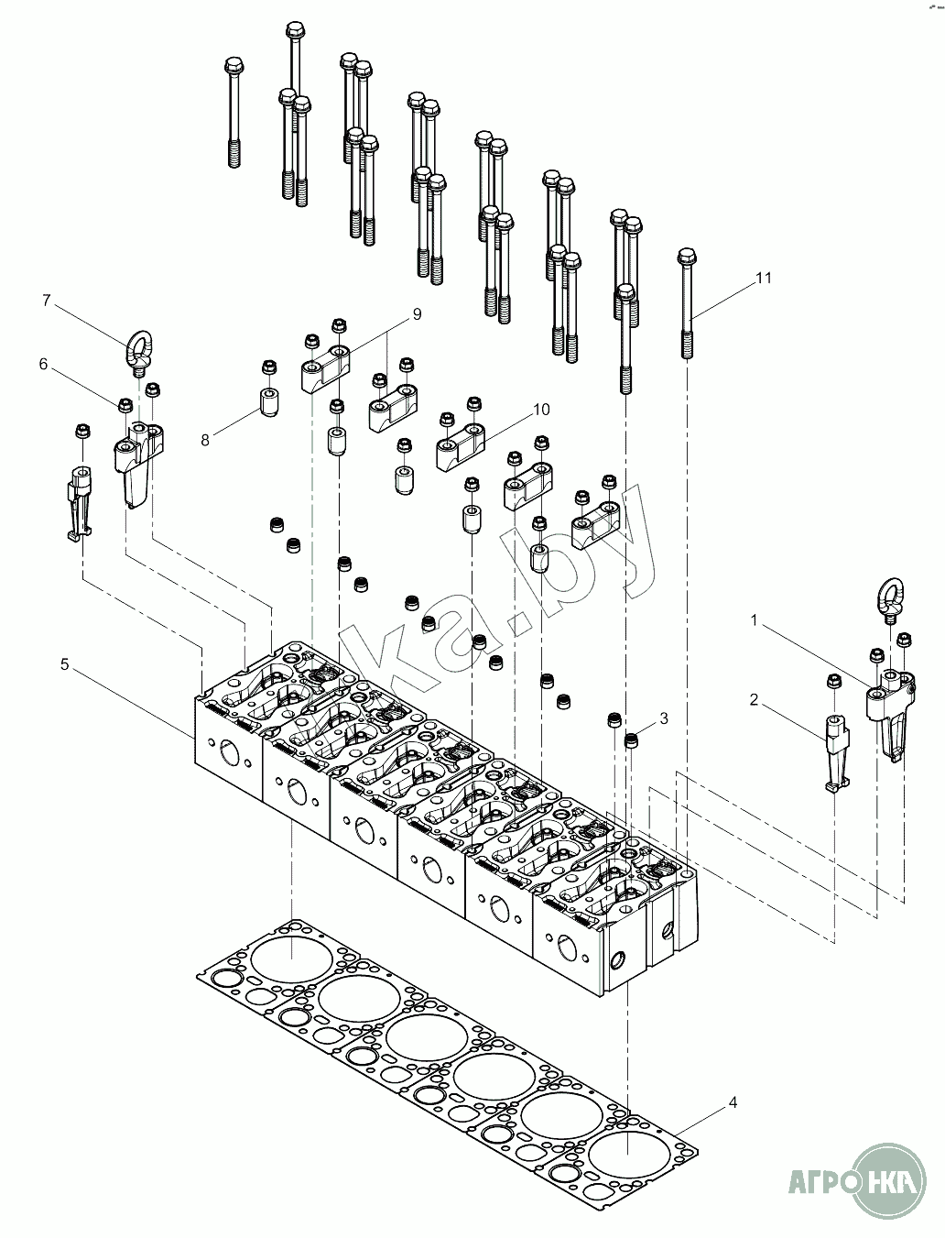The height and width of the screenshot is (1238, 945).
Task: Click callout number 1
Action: (755, 620)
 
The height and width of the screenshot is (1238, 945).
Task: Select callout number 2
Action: (754, 700)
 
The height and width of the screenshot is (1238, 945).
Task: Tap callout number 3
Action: (664, 718)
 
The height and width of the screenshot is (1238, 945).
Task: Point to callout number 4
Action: (733, 1102)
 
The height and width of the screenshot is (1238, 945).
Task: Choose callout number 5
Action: (64, 664)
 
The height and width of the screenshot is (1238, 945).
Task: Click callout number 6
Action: (43, 364)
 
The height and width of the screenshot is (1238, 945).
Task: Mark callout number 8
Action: (205, 440)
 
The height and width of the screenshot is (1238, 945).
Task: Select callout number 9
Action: (417, 314)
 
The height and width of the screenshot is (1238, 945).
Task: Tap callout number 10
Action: (541, 409)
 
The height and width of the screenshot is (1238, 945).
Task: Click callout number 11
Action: (764, 278)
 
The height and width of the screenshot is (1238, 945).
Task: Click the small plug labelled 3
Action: (631, 740)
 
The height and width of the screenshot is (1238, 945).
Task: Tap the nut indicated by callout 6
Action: (125, 404)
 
